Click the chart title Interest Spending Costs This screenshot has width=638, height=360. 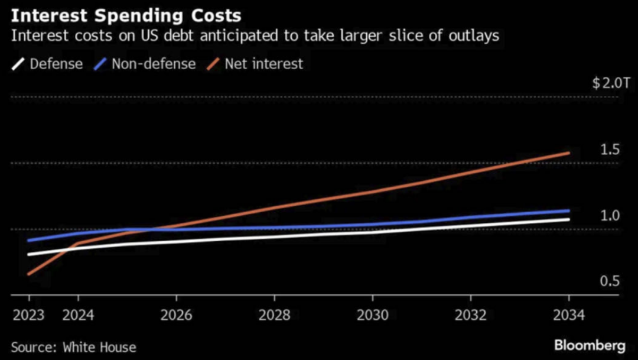coord(125,14)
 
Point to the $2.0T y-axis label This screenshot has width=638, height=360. coord(607,83)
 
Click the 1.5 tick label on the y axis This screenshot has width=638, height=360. coord(610,150)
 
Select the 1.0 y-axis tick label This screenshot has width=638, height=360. coord(610,216)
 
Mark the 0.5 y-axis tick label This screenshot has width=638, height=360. coord(610,281)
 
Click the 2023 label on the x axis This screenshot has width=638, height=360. coord(28,315)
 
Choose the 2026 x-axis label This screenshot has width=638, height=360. coord(176,315)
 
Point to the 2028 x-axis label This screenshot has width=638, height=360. coord(274,315)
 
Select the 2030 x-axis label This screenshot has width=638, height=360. coord(372,315)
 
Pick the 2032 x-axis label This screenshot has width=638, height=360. coord(471,315)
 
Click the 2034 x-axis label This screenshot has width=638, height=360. coord(568,315)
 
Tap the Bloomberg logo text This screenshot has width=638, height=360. coord(590,345)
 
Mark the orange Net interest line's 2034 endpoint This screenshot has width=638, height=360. coord(569,153)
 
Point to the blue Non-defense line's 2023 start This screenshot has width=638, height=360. coord(28,241)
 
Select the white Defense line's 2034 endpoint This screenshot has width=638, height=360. coord(569,219)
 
